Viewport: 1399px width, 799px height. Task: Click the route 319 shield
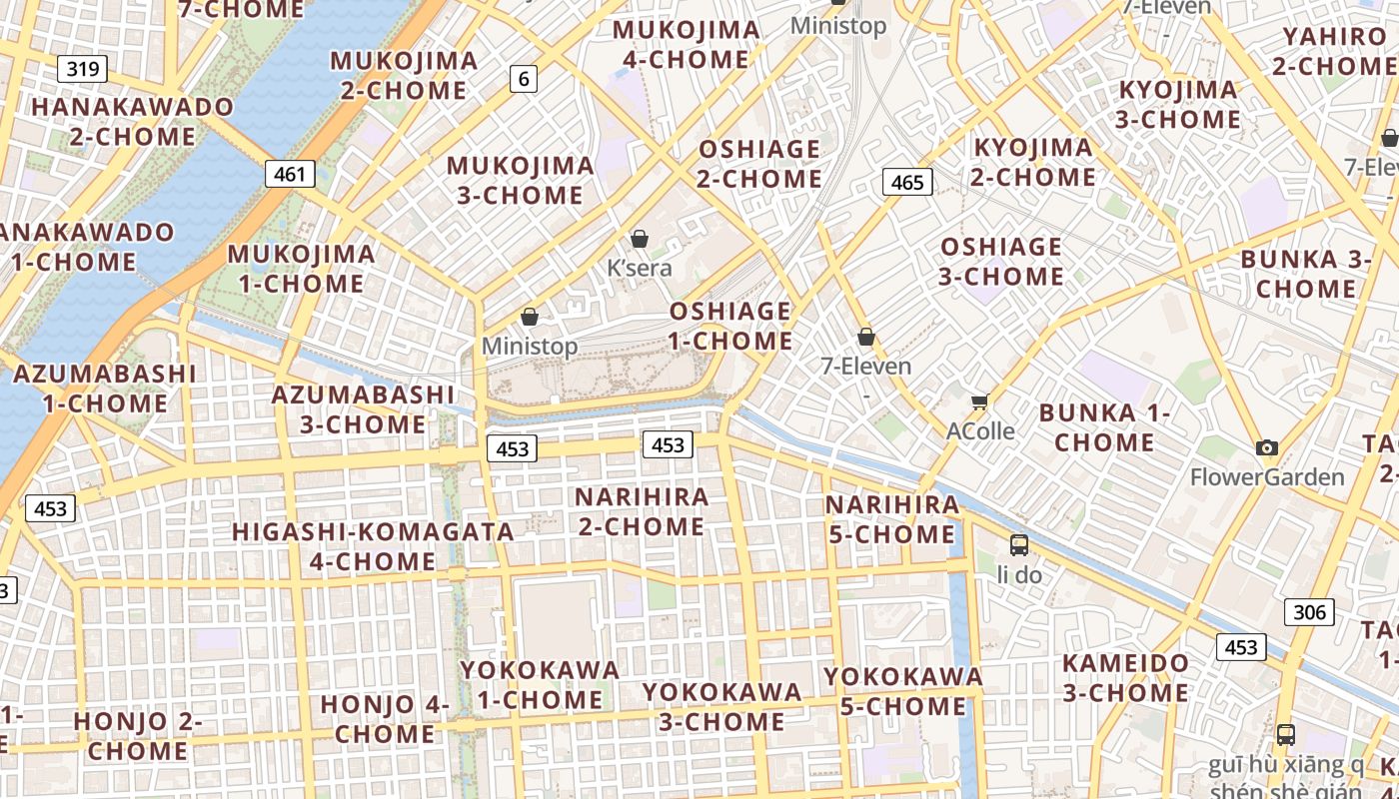(x=83, y=69)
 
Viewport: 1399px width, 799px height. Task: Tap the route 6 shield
(x=524, y=78)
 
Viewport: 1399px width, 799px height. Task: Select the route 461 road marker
(x=290, y=174)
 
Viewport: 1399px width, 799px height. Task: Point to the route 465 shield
(x=907, y=182)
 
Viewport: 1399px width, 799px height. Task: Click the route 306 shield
(x=1308, y=612)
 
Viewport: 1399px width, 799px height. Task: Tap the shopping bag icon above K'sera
(x=640, y=239)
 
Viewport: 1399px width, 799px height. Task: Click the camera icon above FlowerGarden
(x=1267, y=447)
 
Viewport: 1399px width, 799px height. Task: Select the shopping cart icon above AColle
(x=979, y=401)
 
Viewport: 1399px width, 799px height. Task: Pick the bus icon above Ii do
(x=1019, y=545)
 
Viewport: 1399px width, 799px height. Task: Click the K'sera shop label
(x=640, y=268)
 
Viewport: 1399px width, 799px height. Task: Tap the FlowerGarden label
(x=1267, y=477)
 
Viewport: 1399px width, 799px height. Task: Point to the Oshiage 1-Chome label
(x=730, y=326)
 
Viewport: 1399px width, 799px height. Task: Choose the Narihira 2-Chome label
(x=642, y=511)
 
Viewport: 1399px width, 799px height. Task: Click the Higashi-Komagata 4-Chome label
(x=373, y=546)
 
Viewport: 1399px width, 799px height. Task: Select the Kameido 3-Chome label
(x=1125, y=677)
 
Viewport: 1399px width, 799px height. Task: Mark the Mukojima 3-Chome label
(x=521, y=180)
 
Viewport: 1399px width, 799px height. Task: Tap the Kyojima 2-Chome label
(x=1033, y=162)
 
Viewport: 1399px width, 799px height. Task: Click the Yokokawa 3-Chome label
(x=721, y=706)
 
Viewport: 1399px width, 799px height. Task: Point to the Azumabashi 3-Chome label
(x=364, y=408)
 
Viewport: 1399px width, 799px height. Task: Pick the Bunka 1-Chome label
(x=1104, y=426)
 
